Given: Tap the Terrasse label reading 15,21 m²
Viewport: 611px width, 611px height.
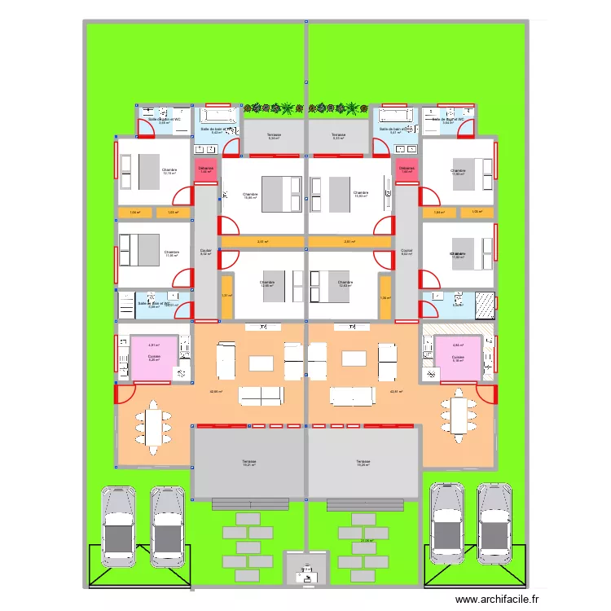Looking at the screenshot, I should pos(248,464).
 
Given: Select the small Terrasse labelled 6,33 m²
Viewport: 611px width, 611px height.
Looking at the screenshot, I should pos(338,136).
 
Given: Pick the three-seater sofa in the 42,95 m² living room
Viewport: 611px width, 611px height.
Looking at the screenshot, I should pos(261,396).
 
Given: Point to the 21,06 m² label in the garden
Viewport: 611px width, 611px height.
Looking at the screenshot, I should pos(367,540).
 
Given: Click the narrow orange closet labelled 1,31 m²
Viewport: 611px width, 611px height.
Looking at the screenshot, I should pos(227,297).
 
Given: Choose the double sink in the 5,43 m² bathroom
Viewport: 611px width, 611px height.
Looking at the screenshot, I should pos(205,149).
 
